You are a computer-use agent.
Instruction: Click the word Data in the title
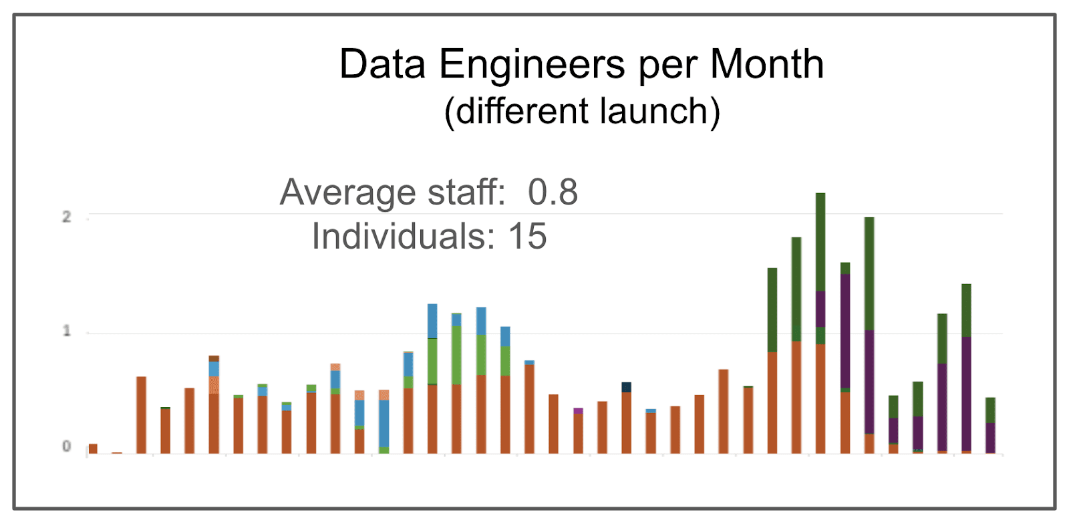tap(382, 65)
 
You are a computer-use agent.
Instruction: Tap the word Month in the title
tap(766, 65)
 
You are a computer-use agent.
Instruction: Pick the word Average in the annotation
tap(347, 192)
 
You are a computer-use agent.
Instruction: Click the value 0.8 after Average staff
tap(553, 192)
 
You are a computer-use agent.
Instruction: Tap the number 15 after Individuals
tap(528, 237)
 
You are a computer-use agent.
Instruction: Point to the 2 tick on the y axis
tap(66, 217)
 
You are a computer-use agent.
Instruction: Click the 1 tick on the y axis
tap(66, 332)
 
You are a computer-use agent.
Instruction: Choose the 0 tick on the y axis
tap(66, 446)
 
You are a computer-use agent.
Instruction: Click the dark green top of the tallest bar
tap(820, 241)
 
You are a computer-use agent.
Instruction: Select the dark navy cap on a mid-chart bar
tap(626, 387)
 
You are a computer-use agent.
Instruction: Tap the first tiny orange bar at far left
tap(93, 448)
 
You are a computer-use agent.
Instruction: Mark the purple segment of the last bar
tap(990, 437)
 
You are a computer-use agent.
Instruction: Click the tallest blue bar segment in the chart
tap(384, 423)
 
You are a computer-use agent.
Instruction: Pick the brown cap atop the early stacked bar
tap(214, 359)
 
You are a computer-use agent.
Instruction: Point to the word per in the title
tap(667, 65)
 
